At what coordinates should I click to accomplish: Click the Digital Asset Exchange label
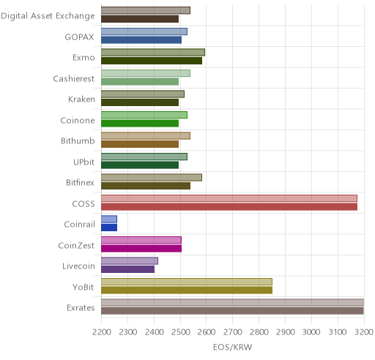tap(48, 16)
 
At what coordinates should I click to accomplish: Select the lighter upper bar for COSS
tap(229, 198)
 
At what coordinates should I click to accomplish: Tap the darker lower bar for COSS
tap(229, 207)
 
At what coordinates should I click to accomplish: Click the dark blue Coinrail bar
tap(109, 228)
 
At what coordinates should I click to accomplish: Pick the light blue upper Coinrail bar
tap(109, 219)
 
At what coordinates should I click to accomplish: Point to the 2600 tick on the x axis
tap(207, 332)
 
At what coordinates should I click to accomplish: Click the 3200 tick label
tap(364, 332)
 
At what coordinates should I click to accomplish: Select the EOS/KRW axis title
tap(232, 347)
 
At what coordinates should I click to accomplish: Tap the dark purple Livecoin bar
tap(128, 269)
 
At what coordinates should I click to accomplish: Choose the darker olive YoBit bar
tap(187, 290)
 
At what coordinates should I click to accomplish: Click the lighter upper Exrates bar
tap(233, 302)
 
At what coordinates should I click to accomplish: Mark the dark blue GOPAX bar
tap(141, 40)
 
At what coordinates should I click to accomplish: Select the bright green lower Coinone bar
tap(140, 124)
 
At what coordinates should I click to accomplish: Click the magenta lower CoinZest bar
tap(141, 249)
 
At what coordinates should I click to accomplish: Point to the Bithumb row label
tap(78, 141)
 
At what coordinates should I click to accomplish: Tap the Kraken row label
tap(81, 100)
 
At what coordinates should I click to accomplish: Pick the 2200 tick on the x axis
tap(102, 332)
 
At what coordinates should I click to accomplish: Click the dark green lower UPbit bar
tap(140, 165)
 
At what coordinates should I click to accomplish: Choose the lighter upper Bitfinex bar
tap(152, 178)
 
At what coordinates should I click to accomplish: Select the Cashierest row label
tap(74, 78)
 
